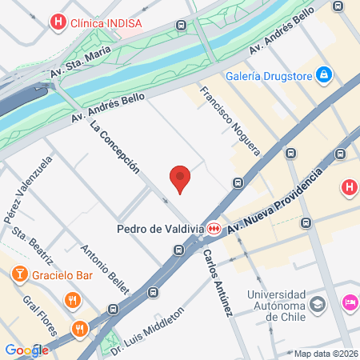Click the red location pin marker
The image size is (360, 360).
(x=181, y=180)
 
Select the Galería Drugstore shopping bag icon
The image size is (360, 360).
(x=324, y=75)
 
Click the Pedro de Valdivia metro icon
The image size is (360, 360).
(x=214, y=229)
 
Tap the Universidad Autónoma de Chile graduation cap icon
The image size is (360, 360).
(x=317, y=304)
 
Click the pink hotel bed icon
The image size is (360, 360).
(x=350, y=302)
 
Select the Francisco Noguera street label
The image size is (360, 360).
(x=230, y=120)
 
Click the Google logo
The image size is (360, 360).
(x=26, y=350)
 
